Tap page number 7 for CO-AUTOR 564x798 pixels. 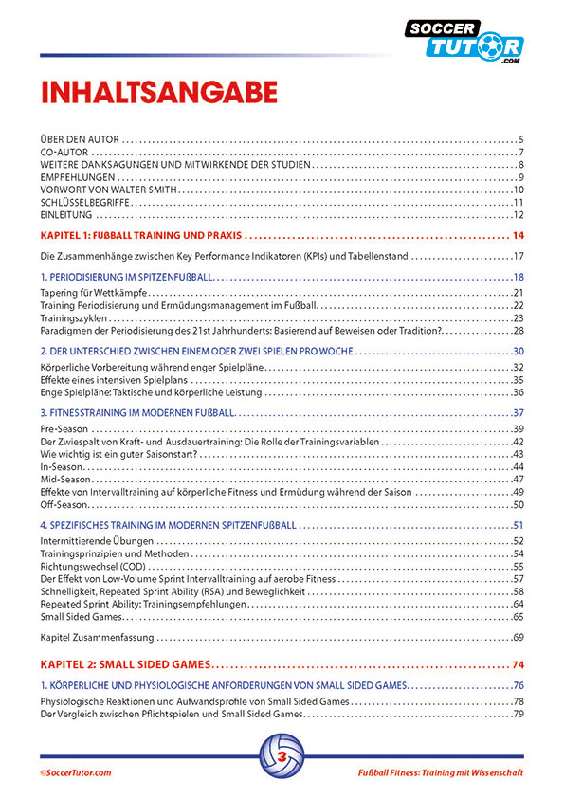click(x=521, y=152)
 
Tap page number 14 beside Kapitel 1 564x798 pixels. click(x=519, y=234)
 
